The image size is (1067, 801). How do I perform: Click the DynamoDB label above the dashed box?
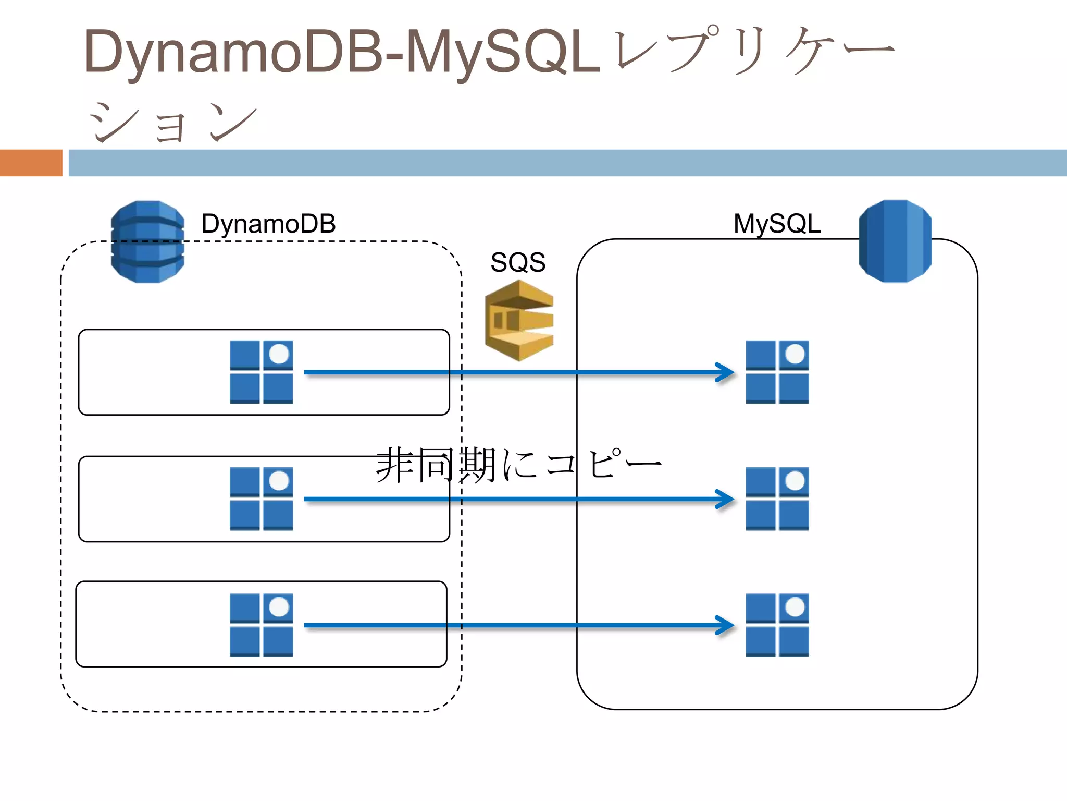[268, 224]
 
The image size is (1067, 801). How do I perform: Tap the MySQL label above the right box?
[777, 224]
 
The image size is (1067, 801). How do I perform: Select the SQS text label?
[518, 262]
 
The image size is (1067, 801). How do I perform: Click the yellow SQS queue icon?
[519, 320]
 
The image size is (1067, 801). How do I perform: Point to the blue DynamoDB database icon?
[147, 241]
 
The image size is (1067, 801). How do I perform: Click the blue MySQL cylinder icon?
[895, 241]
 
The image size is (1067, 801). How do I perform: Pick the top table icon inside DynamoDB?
[261, 372]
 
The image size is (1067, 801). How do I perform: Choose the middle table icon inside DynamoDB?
[261, 499]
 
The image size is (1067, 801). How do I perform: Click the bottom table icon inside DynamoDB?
[261, 625]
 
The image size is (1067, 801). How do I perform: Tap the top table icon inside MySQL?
[777, 372]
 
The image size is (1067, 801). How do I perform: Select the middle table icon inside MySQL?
[777, 499]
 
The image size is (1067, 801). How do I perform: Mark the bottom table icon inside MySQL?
[777, 625]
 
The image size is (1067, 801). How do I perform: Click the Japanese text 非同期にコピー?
[518, 464]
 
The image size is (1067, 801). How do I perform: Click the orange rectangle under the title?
[31, 163]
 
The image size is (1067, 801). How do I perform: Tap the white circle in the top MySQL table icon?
[795, 354]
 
